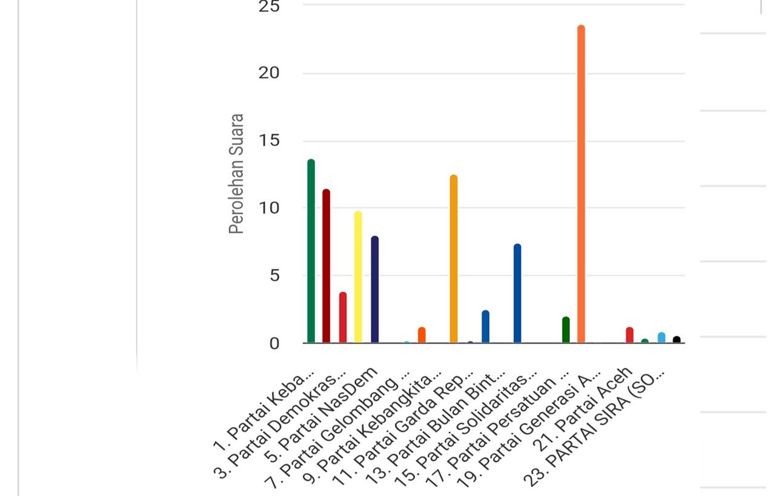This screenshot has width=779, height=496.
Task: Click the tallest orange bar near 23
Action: pyautogui.click(x=581, y=181)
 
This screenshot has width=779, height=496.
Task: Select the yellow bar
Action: pyautogui.click(x=358, y=278)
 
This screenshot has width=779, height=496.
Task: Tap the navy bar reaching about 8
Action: pyautogui.click(x=374, y=290)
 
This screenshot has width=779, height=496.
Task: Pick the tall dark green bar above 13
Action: pyautogui.click(x=311, y=251)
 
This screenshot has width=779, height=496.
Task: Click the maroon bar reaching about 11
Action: pyautogui.click(x=326, y=266)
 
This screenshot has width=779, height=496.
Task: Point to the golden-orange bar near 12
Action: pyautogui.click(x=454, y=260)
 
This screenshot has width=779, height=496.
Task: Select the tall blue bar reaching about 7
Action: pyautogui.click(x=517, y=293)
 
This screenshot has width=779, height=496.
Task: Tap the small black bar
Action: pyautogui.click(x=677, y=340)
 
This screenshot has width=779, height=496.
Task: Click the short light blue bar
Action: pyautogui.click(x=661, y=338)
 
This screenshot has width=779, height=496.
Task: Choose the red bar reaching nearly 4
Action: pyautogui.click(x=343, y=318)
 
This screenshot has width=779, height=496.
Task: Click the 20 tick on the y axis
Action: pyautogui.click(x=268, y=73)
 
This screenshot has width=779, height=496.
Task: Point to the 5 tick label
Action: pyautogui.click(x=274, y=276)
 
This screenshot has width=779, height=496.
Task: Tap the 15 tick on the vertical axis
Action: pyautogui.click(x=268, y=141)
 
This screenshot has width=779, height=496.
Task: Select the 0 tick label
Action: pyautogui.click(x=274, y=344)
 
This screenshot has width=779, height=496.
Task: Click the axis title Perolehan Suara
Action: pyautogui.click(x=236, y=174)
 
